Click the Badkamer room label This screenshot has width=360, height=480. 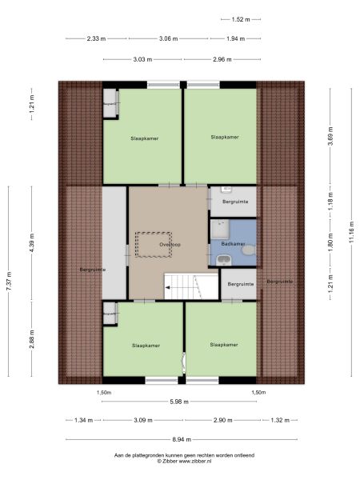tap(233, 243)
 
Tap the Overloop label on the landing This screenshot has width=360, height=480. tap(168, 245)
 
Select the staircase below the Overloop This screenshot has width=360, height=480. tap(182, 287)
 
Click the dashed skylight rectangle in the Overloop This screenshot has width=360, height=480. tap(154, 245)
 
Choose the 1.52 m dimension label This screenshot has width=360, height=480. tap(241, 19)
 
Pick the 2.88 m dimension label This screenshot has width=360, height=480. tap(32, 338)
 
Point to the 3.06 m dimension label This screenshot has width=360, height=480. tap(169, 38)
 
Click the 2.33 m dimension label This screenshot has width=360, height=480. tap(97, 38)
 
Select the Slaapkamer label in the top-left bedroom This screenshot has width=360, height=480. tap(144, 138)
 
